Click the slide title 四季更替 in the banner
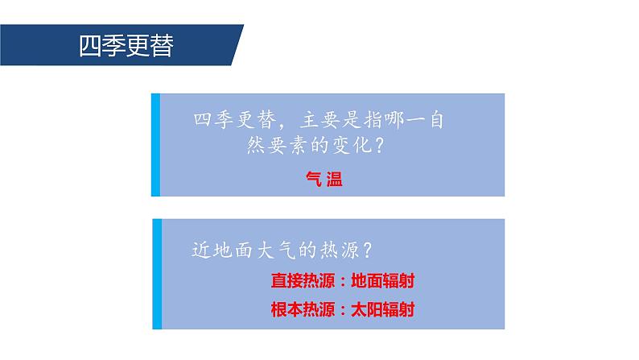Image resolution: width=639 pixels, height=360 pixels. click(126, 46)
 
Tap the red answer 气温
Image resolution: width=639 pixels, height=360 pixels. click(324, 179)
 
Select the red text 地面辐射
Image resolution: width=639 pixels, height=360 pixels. click(382, 281)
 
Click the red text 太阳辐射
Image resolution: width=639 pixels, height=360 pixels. click(382, 309)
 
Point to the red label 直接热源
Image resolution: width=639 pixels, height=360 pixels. click(303, 281)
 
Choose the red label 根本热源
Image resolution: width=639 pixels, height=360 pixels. click(303, 309)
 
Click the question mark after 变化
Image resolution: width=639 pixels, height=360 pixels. click(379, 145)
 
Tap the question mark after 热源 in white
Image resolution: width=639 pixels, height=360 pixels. click(367, 250)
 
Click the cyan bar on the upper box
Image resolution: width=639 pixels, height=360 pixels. click(155, 145)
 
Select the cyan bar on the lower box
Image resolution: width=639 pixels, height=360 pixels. click(157, 274)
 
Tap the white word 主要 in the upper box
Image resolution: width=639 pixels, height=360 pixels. click(320, 120)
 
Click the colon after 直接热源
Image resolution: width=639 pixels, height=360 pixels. click(343, 282)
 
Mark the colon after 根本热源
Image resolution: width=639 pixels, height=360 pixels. click(343, 310)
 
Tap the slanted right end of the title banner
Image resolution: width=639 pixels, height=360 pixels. click(237, 45)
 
